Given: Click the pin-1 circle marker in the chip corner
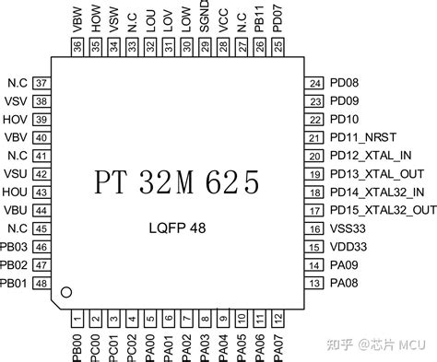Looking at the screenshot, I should [x=65, y=294].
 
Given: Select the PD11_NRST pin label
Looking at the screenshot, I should [x=362, y=137].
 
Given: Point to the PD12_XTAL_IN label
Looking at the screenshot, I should [x=371, y=156].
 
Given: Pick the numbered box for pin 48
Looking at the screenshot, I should [x=40, y=283].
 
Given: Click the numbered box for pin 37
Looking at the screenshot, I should [x=40, y=83].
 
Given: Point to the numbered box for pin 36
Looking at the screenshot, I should [x=76, y=46].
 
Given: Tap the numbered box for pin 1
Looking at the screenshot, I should [x=76, y=319].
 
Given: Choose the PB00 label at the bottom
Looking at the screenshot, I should [x=76, y=346].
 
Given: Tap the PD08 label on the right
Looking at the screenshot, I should [x=344, y=83].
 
